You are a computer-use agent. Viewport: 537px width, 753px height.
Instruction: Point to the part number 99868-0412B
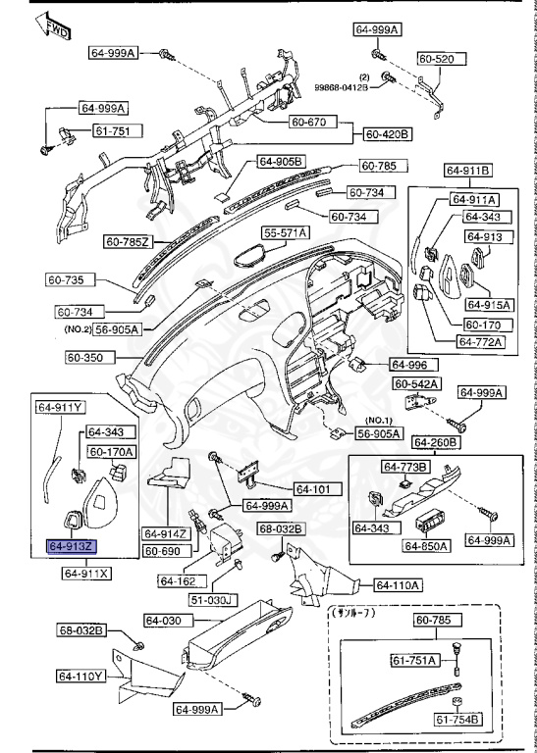click(x=342, y=87)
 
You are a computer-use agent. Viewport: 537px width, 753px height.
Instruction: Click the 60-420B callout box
click(x=388, y=133)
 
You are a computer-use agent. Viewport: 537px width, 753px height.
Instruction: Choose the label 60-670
click(x=312, y=124)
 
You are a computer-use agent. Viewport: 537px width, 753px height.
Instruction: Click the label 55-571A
click(x=285, y=232)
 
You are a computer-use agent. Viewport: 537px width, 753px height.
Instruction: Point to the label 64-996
click(x=410, y=364)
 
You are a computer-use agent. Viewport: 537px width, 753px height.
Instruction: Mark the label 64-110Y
click(x=81, y=676)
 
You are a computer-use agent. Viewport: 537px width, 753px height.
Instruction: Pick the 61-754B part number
click(x=458, y=721)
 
